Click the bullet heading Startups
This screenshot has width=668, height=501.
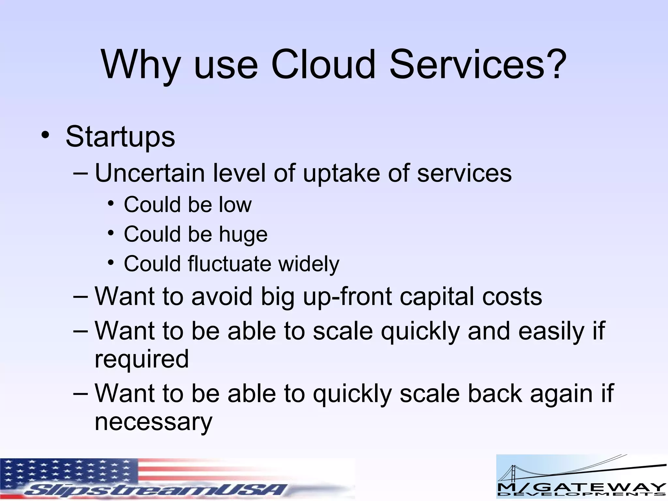click(120, 137)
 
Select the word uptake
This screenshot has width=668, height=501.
click(341, 174)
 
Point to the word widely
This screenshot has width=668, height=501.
click(309, 264)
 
